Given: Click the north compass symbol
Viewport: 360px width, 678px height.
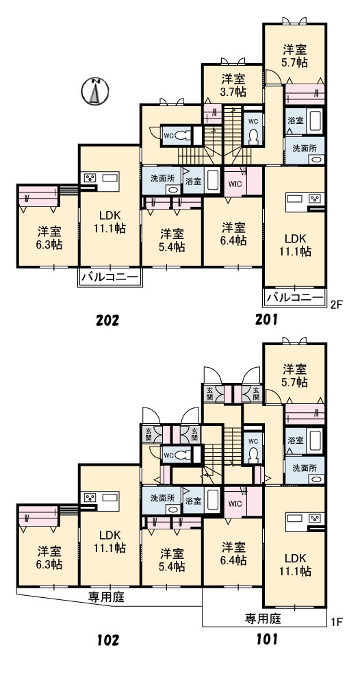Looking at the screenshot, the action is (x=94, y=91).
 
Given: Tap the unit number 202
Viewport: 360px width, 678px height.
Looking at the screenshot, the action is (x=107, y=321).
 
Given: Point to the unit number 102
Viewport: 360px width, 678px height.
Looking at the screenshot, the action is (x=107, y=640).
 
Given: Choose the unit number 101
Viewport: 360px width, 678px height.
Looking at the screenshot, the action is (x=266, y=639).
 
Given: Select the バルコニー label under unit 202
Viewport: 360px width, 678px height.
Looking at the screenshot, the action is (x=110, y=276).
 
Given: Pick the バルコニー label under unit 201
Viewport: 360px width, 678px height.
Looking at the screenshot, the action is (x=295, y=297).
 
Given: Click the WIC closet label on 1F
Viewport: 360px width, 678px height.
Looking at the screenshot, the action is (x=235, y=503).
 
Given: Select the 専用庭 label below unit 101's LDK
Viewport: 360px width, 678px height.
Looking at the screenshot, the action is (x=263, y=619).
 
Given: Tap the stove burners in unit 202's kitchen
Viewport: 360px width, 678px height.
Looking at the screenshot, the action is (x=91, y=178).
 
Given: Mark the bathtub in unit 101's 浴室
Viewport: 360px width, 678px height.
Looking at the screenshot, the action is (x=316, y=440).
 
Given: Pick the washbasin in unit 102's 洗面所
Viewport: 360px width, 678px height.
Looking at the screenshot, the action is (x=173, y=510).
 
